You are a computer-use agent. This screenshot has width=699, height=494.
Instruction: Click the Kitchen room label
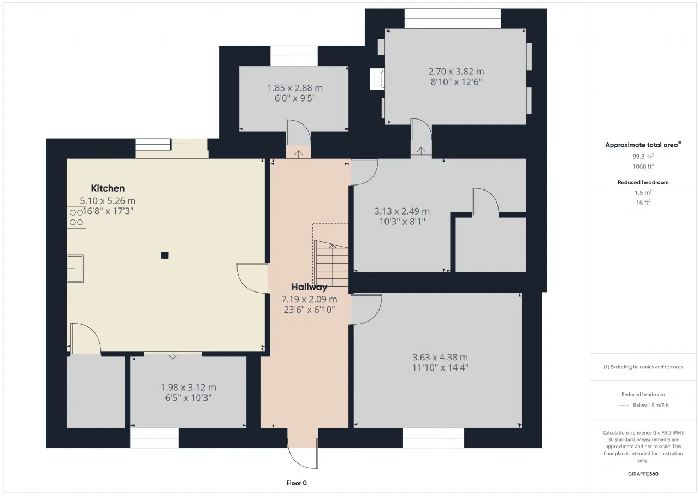click(x=108, y=188)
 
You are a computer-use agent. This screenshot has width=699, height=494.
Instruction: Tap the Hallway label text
click(x=309, y=287)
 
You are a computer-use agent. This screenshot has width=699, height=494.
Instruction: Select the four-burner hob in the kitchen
click(x=76, y=217)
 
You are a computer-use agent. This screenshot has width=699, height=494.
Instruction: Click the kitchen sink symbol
click(x=75, y=269)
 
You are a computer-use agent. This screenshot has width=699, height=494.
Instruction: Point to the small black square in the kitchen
click(x=164, y=255)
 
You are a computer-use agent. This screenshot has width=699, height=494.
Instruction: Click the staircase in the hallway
click(x=331, y=264)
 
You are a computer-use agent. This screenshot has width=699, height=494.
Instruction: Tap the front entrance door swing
click(x=303, y=453)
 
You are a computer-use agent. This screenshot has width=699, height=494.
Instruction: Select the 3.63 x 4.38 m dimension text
click(x=440, y=357)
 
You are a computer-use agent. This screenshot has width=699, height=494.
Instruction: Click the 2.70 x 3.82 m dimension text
click(x=456, y=72)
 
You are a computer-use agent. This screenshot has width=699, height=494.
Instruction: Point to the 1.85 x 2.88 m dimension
click(x=295, y=88)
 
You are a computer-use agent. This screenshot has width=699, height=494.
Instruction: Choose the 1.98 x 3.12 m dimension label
click(x=188, y=388)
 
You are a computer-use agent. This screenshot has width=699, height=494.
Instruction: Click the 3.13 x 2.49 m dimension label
click(x=402, y=211)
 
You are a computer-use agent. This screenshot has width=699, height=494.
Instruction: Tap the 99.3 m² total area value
click(x=643, y=156)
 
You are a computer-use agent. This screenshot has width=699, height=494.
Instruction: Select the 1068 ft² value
click(x=643, y=166)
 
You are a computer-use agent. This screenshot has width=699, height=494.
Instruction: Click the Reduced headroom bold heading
click(x=643, y=182)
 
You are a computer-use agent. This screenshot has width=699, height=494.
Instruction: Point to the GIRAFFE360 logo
click(x=643, y=474)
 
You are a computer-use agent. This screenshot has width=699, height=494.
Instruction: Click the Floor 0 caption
click(x=297, y=483)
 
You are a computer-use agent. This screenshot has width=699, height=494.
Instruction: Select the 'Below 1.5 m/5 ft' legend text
click(x=651, y=405)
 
